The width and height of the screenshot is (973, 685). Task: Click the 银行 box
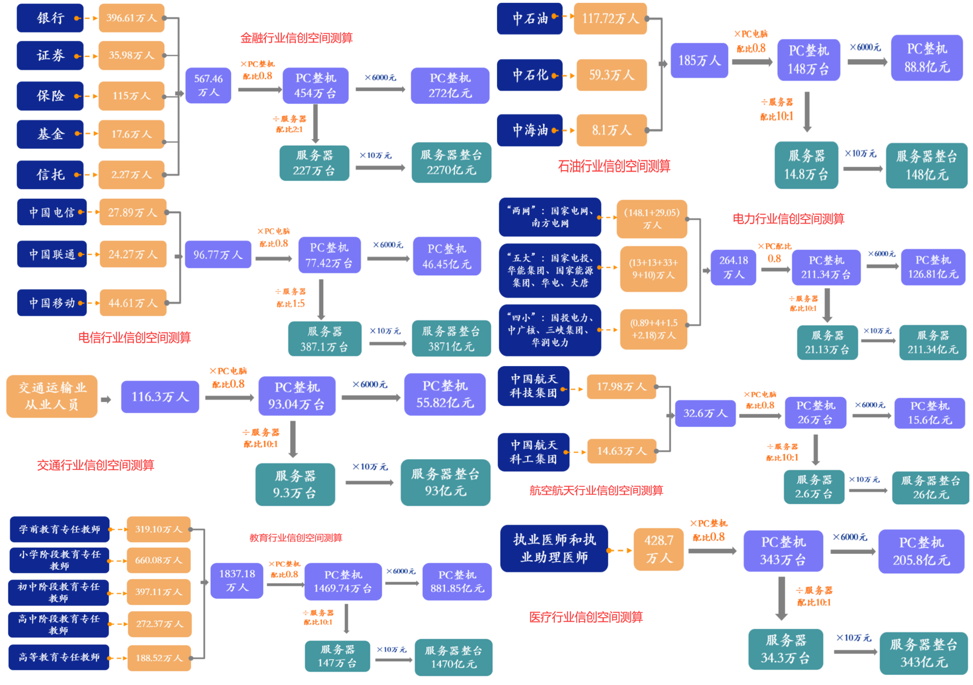click(50, 18)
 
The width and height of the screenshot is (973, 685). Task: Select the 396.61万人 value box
click(131, 18)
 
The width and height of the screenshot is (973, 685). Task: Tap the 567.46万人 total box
click(208, 85)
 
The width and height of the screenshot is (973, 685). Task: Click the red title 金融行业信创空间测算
click(297, 38)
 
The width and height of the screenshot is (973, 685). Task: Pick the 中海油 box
click(529, 131)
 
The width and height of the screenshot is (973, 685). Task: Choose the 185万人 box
click(699, 60)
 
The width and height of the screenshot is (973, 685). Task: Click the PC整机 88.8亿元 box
click(926, 58)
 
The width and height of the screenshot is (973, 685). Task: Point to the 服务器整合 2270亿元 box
click(451, 162)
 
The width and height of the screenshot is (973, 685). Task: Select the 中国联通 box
click(52, 254)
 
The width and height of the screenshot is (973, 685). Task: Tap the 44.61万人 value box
click(133, 303)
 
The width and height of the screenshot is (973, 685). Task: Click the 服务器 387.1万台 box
click(325, 339)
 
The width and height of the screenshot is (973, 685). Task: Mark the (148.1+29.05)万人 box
click(652, 218)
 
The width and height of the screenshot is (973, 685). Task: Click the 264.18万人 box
click(733, 267)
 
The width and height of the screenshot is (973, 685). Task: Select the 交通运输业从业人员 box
click(52, 396)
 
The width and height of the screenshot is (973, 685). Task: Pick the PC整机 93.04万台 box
click(297, 396)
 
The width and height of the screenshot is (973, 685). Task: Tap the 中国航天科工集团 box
click(533, 452)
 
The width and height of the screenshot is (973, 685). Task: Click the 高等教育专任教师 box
click(59, 657)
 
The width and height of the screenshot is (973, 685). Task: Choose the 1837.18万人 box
click(237, 581)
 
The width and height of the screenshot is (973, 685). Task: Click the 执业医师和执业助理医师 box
click(554, 548)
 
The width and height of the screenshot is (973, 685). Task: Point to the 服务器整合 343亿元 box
click(924, 653)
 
